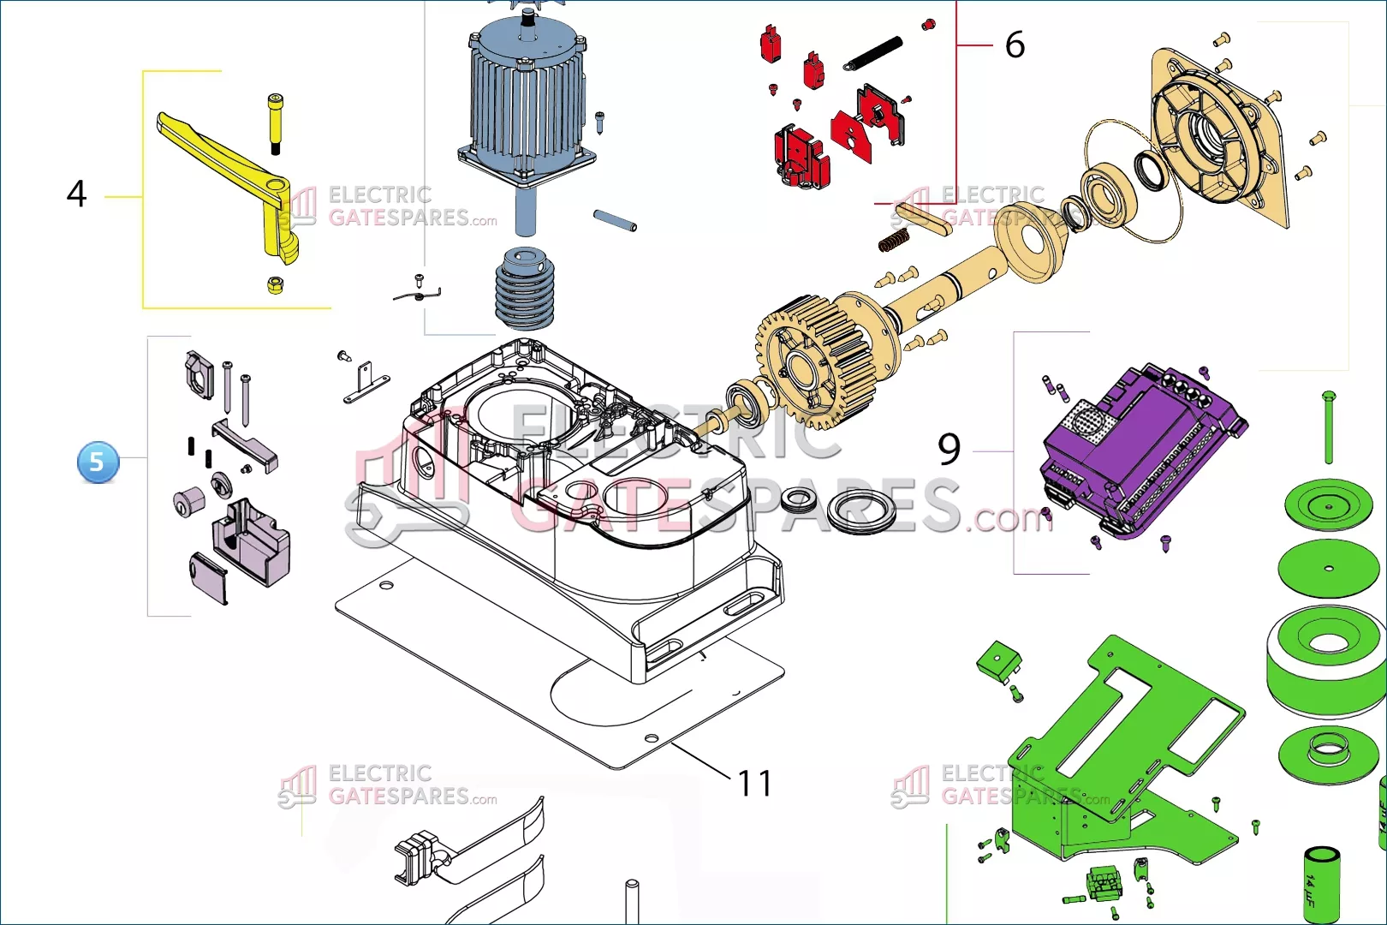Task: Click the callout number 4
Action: pos(76,194)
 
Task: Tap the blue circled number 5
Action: pos(98,462)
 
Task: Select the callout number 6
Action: pos(1015,45)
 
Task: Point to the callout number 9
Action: pos(949,449)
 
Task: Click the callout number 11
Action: pos(754,783)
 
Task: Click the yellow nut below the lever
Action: pos(276,284)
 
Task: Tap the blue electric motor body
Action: pos(524,103)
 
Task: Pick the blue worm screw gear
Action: pos(523,289)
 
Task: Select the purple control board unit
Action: pos(1139,450)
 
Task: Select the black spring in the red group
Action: pos(873,53)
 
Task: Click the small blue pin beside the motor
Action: pos(615,221)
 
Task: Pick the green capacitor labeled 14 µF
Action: pos(1320,882)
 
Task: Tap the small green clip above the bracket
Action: pos(998,661)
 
